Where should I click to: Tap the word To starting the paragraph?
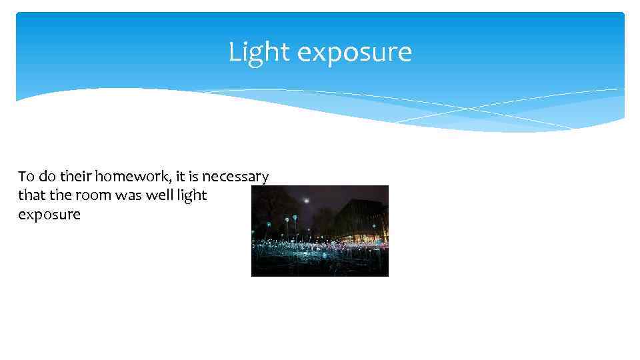(x=26, y=177)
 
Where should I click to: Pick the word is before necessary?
(x=194, y=177)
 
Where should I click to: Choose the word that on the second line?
(x=31, y=195)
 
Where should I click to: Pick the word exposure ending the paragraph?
(x=49, y=215)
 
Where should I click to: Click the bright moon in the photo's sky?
(x=306, y=200)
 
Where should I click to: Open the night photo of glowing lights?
(x=319, y=231)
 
